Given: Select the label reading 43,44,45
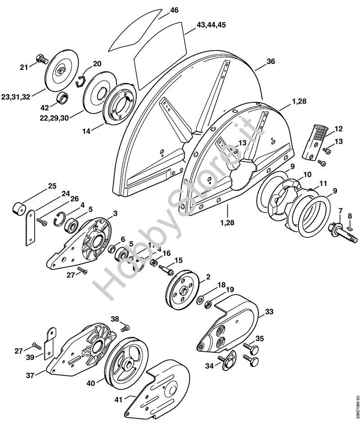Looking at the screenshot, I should coord(211,25).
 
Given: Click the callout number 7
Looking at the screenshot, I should coord(341,210).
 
